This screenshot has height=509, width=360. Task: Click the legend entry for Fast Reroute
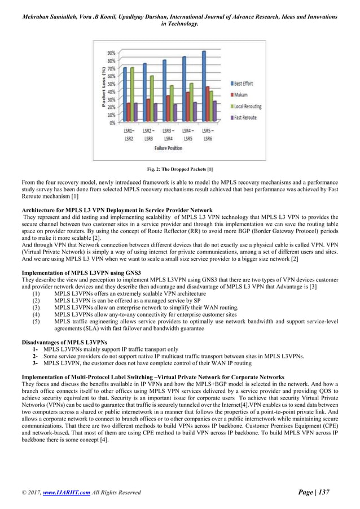pos(242,117)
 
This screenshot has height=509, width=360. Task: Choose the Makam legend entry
pos(239,94)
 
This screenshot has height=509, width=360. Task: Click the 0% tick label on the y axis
pos(112,122)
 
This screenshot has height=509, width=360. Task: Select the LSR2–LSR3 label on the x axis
pos(148,135)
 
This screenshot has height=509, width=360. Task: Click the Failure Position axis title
pos(168,148)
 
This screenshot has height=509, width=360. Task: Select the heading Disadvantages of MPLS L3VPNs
pos(62,343)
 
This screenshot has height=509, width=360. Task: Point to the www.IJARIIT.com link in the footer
pos(68,493)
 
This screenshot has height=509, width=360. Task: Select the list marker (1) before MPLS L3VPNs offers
pos(37,293)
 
